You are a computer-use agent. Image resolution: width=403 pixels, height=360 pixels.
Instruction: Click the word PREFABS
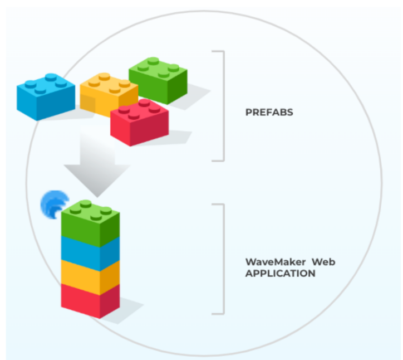click(x=269, y=112)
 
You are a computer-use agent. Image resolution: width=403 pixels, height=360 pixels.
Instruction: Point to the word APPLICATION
click(x=280, y=274)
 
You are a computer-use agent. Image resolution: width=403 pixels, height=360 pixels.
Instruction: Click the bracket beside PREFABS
click(x=223, y=106)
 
